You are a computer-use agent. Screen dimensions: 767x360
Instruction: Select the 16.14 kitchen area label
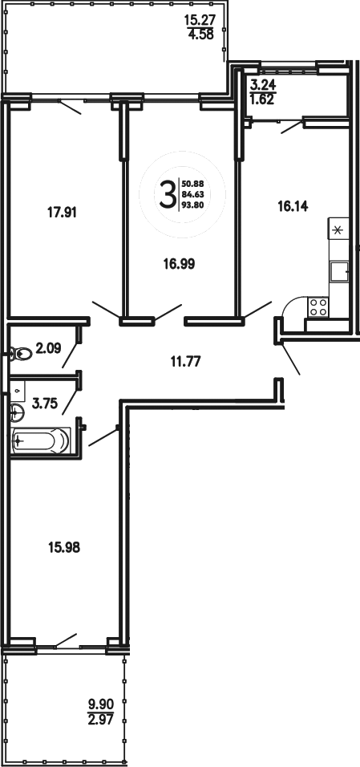[293, 206]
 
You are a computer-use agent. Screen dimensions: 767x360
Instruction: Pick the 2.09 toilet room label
[48, 348]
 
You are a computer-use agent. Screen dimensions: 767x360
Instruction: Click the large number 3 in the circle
[167, 193]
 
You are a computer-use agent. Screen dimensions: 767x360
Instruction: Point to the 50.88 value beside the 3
[192, 184]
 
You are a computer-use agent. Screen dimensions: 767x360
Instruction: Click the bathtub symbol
[42, 440]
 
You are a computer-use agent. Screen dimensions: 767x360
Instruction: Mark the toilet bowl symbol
[19, 351]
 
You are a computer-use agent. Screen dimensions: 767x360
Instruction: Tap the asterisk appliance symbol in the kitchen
[338, 230]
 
